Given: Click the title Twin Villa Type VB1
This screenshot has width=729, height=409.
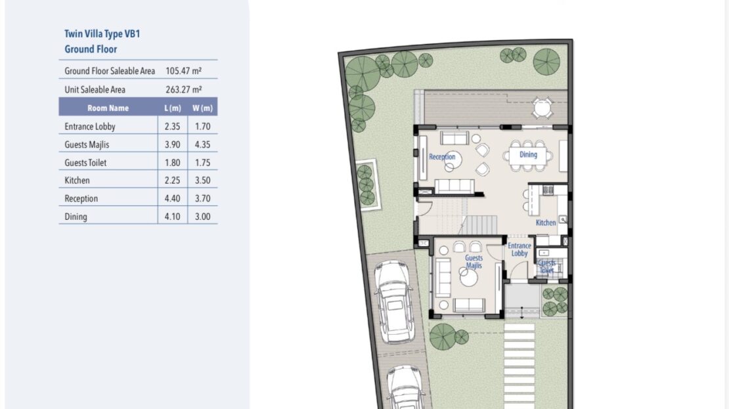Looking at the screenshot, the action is tap(102, 34).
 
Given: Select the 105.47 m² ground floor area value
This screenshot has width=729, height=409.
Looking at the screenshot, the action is tap(184, 71).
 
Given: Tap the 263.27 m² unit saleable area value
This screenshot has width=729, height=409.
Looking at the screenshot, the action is tap(184, 90).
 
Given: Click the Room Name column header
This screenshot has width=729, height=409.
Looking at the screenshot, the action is tap(108, 108).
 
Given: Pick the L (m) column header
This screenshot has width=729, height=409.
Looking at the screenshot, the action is tap(173, 108).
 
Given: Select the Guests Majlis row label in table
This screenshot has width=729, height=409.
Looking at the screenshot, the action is tap(87, 144).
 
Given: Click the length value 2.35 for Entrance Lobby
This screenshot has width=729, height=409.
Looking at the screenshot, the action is tap(173, 127).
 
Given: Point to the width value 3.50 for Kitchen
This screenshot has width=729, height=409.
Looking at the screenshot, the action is tap(203, 181).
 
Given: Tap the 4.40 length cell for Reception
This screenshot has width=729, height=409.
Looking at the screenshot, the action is tap(173, 198).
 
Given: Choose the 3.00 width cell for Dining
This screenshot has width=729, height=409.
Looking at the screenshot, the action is tap(203, 217).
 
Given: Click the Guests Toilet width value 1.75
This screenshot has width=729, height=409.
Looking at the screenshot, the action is tap(203, 163).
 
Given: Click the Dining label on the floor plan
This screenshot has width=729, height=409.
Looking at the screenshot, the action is tap(528, 154).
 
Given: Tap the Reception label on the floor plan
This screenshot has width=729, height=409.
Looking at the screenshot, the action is tap(442, 157).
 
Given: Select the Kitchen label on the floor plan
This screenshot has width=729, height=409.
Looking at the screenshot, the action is tap(546, 223).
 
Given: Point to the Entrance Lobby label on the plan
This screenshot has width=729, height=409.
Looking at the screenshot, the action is tap(519, 249).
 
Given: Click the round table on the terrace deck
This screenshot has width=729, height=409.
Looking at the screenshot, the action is tap(542, 108).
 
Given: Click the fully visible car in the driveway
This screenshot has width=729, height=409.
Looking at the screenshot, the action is tap(394, 302).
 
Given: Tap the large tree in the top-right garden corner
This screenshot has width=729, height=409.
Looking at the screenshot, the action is tap(546, 61).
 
